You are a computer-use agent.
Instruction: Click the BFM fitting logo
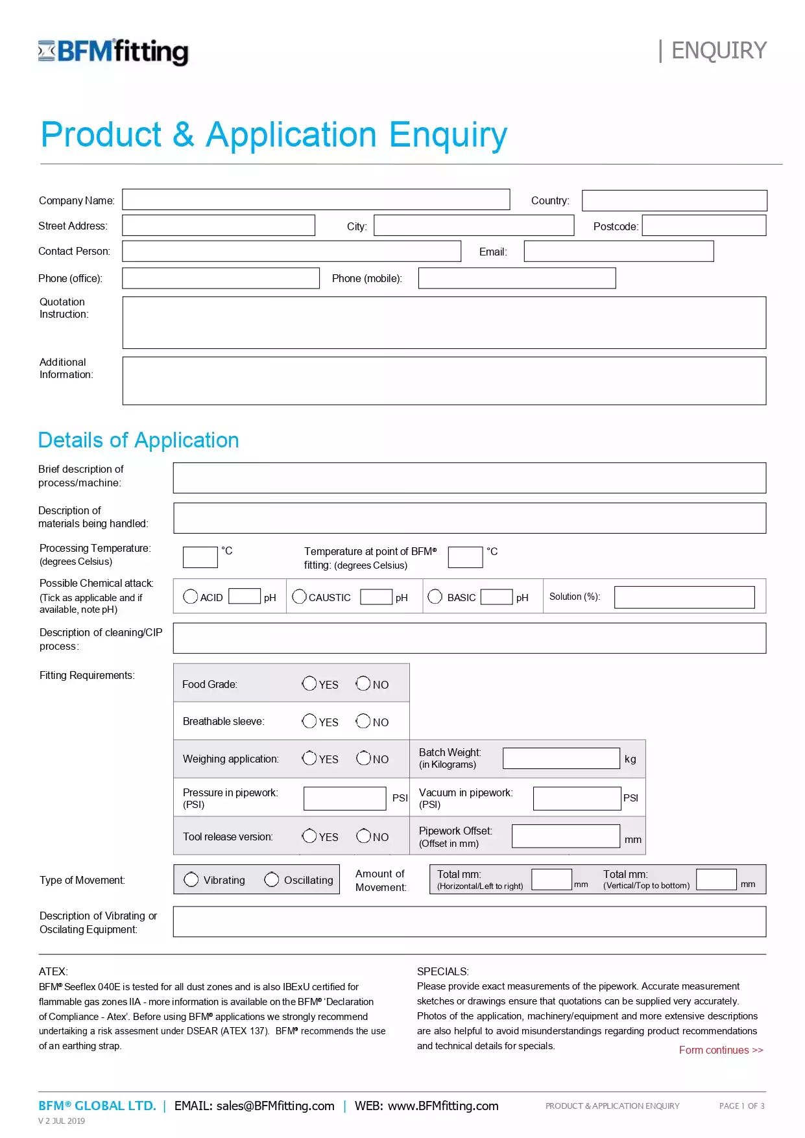click(114, 51)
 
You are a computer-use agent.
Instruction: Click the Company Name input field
click(315, 200)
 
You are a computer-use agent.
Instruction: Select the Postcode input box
click(704, 226)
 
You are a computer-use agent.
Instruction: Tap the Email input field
click(618, 252)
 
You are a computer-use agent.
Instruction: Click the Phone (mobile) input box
click(516, 278)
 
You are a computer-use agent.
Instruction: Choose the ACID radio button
click(190, 597)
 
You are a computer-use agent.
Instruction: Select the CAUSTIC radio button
click(299, 597)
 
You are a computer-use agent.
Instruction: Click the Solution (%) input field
click(684, 597)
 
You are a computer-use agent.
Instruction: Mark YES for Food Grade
click(309, 683)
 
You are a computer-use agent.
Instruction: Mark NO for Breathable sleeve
click(363, 721)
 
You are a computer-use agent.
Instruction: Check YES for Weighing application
click(309, 758)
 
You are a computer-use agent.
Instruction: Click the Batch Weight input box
click(561, 759)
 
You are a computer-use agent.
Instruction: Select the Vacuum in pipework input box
click(577, 798)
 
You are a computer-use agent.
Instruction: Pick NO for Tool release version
click(363, 836)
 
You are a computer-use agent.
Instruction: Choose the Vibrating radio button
click(191, 879)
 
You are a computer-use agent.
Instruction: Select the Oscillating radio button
click(272, 879)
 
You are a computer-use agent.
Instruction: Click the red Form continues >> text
click(721, 1050)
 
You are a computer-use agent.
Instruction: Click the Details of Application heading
click(138, 440)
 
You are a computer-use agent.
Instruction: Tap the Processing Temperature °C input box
click(200, 557)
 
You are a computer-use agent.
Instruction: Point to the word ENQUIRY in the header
click(718, 51)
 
